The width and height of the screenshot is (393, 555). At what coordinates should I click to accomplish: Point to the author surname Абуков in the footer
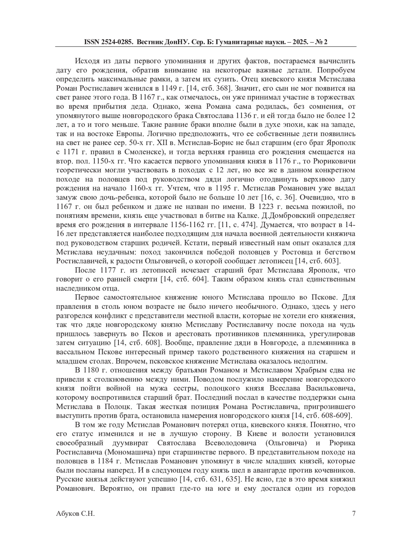click(x=67, y=513)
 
